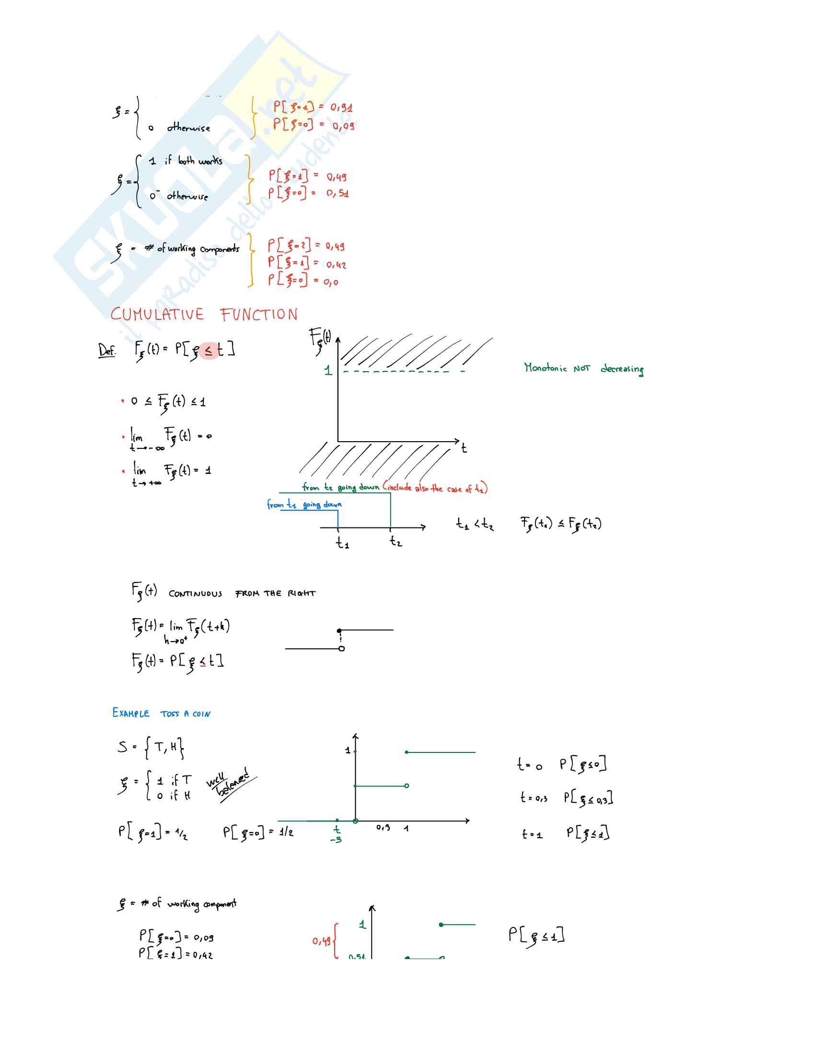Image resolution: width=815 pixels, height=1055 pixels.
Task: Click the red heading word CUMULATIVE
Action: pos(157,315)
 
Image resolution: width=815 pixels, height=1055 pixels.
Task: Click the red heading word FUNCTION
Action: pos(259,315)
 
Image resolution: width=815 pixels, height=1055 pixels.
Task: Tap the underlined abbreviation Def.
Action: pos(107,350)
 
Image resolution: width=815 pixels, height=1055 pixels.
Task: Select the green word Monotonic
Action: pos(546,368)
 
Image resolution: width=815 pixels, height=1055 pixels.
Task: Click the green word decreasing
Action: pos(622,369)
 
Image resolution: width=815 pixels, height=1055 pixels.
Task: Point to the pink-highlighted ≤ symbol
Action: pos(208,350)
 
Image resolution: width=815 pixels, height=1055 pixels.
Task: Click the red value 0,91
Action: pos(341,107)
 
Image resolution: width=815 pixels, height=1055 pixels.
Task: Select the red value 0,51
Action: pos(338,193)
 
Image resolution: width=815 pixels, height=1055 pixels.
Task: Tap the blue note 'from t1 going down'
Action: pos(304,504)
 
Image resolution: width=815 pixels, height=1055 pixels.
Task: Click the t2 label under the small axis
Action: pos(396,541)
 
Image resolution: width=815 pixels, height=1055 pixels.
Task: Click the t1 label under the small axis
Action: pos(342,543)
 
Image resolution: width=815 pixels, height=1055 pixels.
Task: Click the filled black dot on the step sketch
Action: pos(339,631)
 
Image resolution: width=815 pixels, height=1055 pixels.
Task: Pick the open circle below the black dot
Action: pos(342,648)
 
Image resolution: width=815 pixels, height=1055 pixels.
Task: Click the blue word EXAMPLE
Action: pos(131,713)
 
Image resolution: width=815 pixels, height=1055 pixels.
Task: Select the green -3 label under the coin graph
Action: pos(336,840)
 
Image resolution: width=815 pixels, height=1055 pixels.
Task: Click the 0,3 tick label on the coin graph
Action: pos(384,828)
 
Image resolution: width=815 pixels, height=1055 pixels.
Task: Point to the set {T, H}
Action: pos(164,747)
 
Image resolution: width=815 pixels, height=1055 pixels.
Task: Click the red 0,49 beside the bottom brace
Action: pos(321,941)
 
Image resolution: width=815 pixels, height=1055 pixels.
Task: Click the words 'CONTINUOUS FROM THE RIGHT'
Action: pos(242,593)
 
